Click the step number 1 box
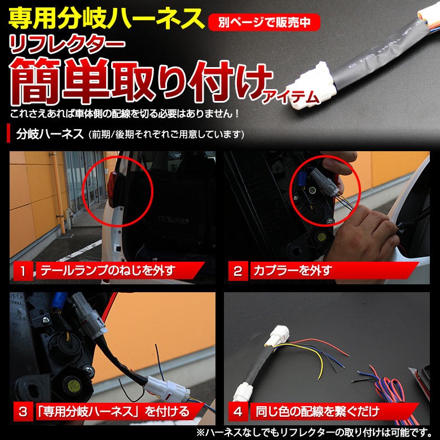(x=23, y=271)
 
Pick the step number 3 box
(x=23, y=411)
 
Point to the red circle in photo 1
(x=118, y=186)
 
